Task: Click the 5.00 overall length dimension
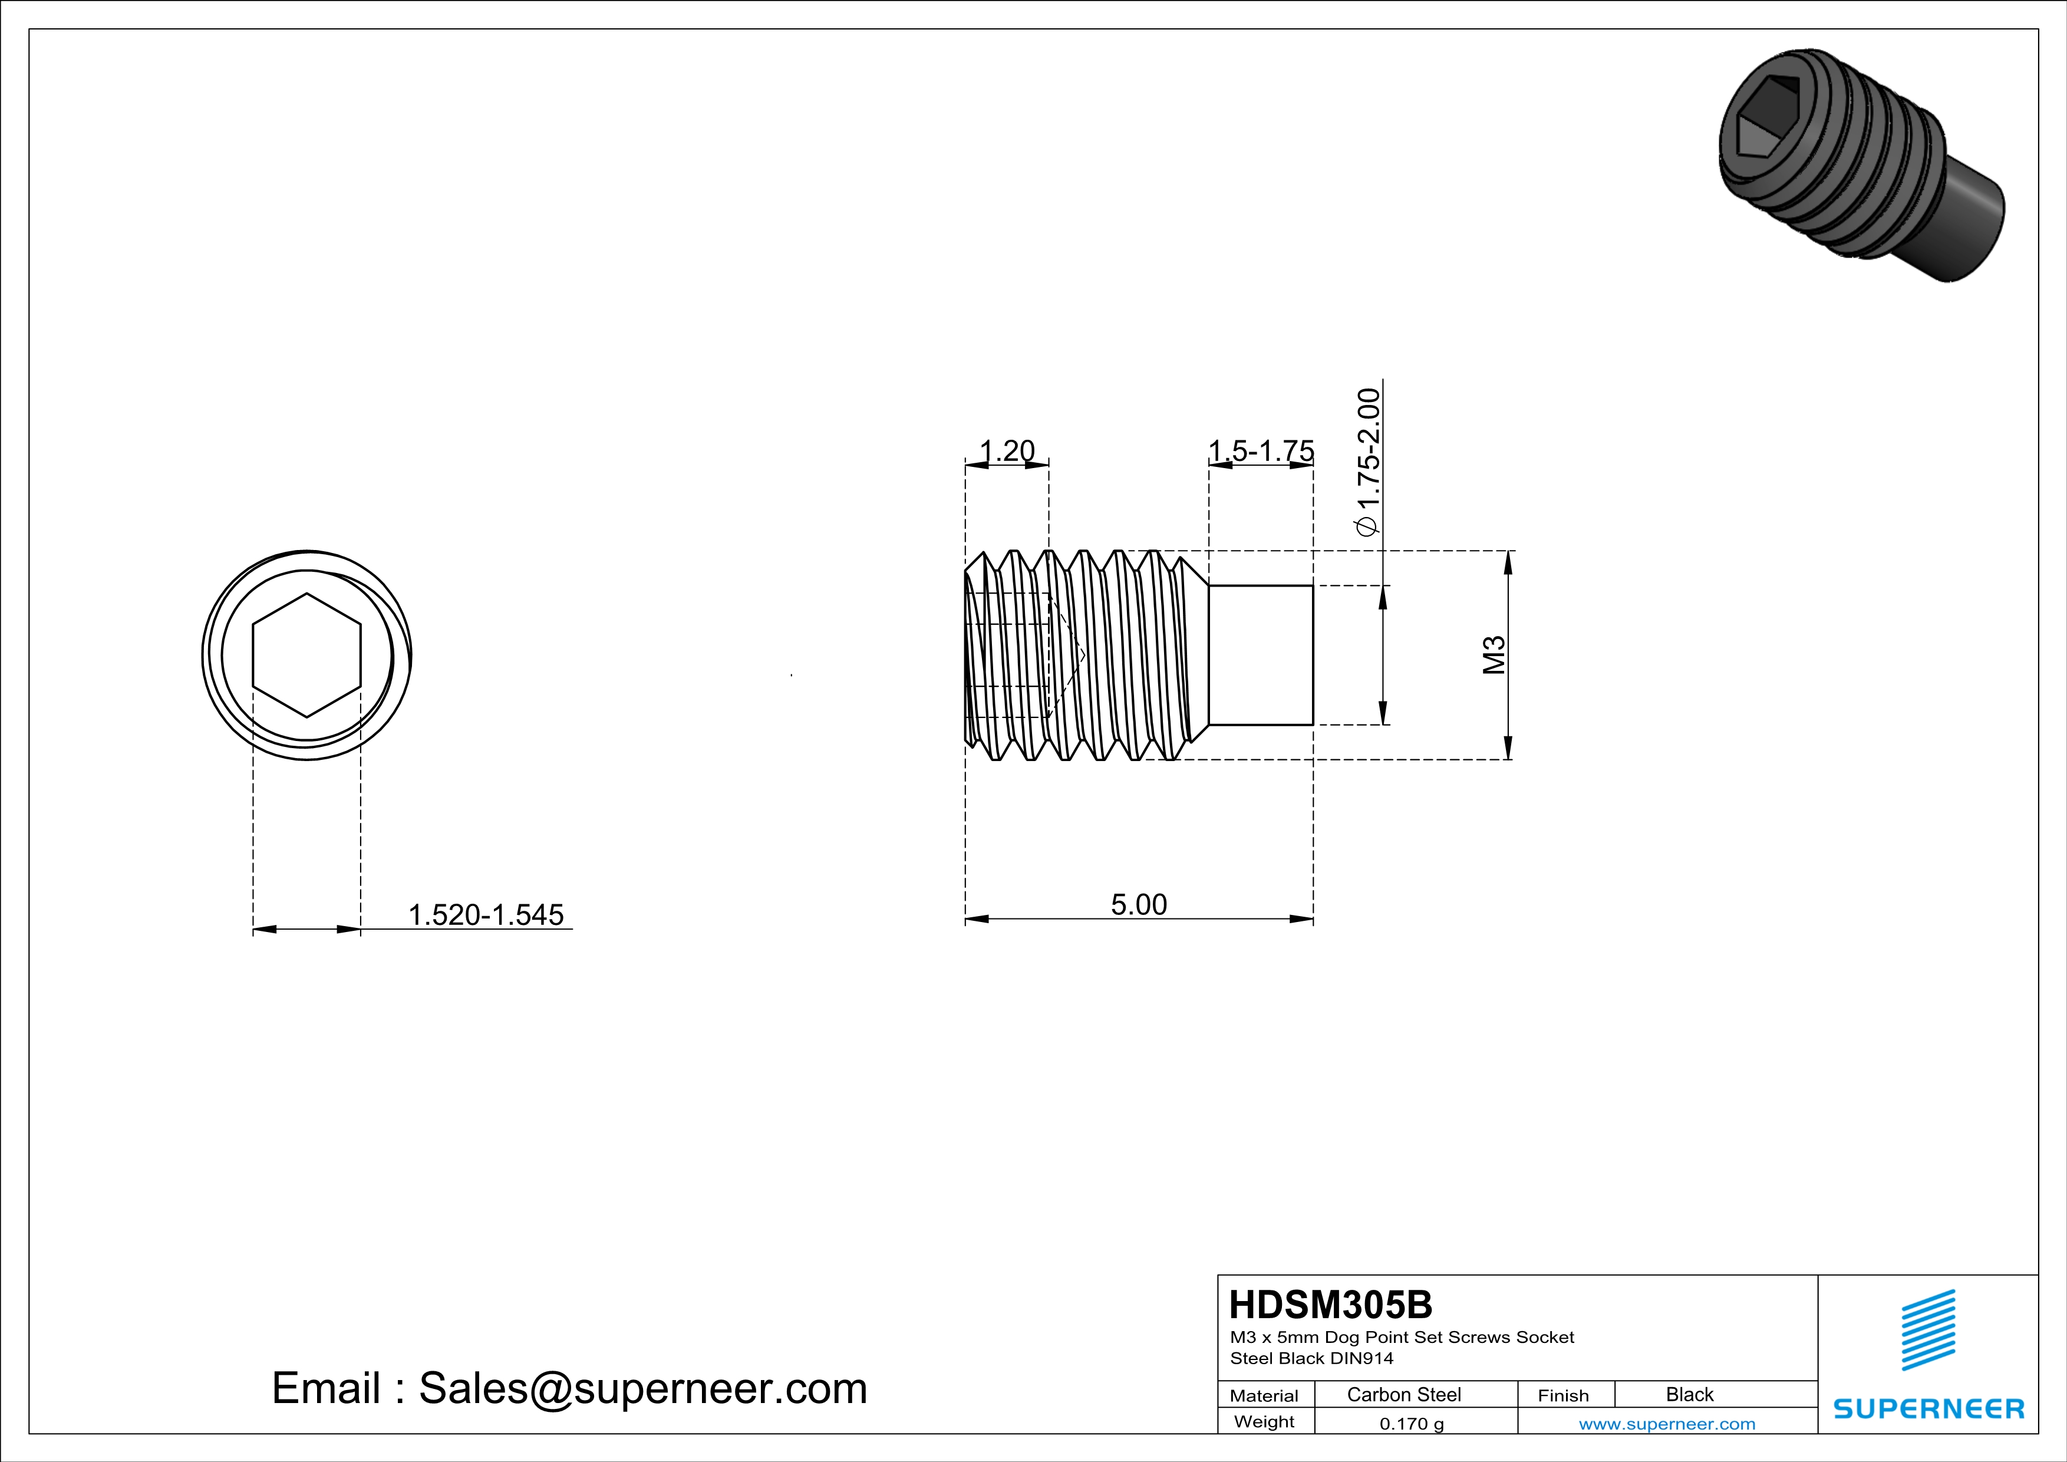click(x=1138, y=904)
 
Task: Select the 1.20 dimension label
click(x=1007, y=450)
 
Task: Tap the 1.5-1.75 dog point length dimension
click(x=1260, y=450)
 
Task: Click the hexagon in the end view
click(x=307, y=656)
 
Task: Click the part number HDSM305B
click(x=1331, y=1305)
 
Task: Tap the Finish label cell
click(x=1563, y=1395)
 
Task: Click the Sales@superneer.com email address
click(x=643, y=1388)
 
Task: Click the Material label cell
click(x=1264, y=1395)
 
